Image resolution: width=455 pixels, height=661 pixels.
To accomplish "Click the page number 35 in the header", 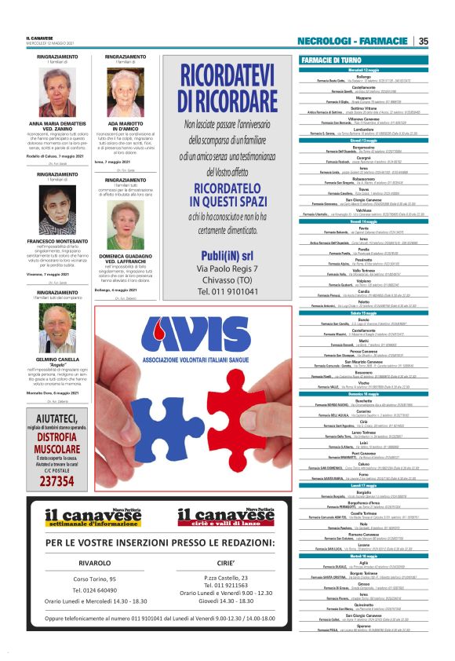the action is click(x=423, y=41).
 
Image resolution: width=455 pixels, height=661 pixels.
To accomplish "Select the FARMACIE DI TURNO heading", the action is click(x=331, y=60).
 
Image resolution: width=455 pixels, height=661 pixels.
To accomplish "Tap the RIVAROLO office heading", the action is click(x=94, y=563).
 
